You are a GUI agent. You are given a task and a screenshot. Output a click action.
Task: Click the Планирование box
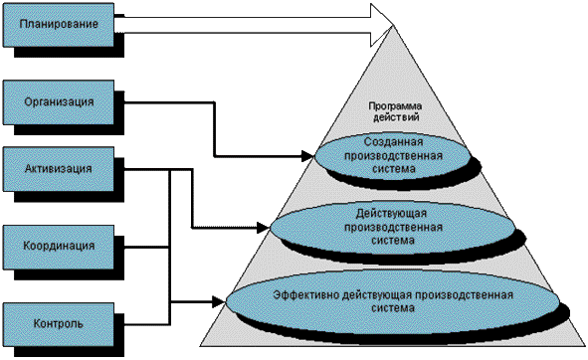[x=59, y=25]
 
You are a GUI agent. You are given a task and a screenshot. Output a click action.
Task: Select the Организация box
[x=59, y=102]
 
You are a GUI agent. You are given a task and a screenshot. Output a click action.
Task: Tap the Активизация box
[x=59, y=169]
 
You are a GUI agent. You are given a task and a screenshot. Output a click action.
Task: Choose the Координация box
[x=59, y=247]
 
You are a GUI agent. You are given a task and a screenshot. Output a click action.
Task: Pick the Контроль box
[x=59, y=324]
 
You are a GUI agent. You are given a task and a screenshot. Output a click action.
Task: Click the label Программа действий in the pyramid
[x=395, y=111]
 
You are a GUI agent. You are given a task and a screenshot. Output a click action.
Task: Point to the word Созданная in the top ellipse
[x=393, y=142]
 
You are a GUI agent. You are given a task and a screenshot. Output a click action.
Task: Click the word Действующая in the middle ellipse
[x=391, y=214]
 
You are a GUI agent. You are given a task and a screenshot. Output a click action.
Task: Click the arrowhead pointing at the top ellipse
[x=307, y=155]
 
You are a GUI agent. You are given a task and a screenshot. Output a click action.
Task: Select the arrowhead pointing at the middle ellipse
[x=264, y=228]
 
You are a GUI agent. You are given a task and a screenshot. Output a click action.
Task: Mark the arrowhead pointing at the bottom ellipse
[x=219, y=301]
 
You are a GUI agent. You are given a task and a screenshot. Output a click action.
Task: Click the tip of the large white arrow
[x=394, y=25]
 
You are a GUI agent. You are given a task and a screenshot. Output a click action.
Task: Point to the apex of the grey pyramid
[x=394, y=26]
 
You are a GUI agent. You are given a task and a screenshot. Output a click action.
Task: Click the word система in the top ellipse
[x=394, y=169]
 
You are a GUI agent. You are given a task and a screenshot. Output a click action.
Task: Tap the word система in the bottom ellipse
[x=393, y=308]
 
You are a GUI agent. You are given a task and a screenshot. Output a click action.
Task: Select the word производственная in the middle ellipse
[x=393, y=228]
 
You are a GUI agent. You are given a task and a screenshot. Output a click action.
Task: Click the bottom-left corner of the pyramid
[x=200, y=345]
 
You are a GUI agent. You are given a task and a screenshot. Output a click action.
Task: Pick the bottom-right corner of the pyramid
[x=586, y=345]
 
